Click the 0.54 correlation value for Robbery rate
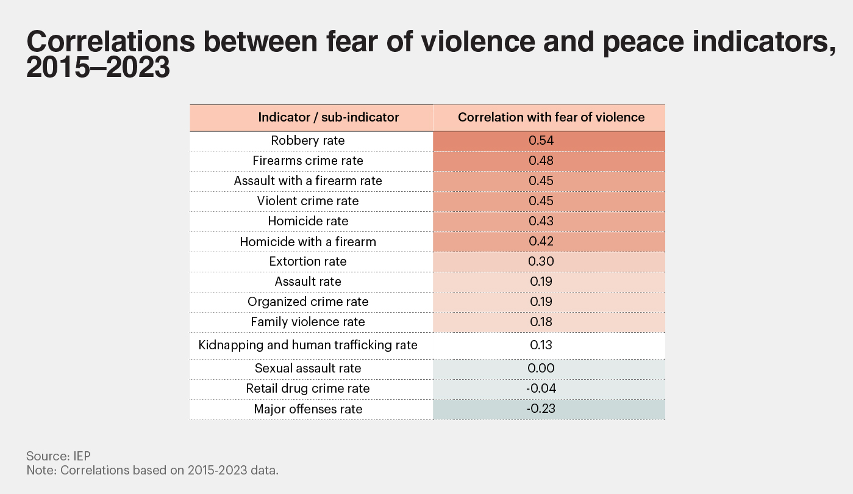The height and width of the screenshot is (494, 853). pyautogui.click(x=540, y=140)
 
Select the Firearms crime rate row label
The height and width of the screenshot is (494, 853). pyautogui.click(x=308, y=161)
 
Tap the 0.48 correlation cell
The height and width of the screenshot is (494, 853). pyautogui.click(x=540, y=161)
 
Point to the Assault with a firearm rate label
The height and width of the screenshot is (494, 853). pyautogui.click(x=308, y=181)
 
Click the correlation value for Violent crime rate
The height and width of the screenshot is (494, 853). pyautogui.click(x=540, y=201)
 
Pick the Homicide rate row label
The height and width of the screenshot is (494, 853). pyautogui.click(x=308, y=221)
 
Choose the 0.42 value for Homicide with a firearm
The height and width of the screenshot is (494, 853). pyautogui.click(x=540, y=241)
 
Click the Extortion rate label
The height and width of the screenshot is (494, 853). pyautogui.click(x=308, y=261)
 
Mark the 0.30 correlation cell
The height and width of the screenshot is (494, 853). pyautogui.click(x=540, y=261)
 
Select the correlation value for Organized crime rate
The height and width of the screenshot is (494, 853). pyautogui.click(x=540, y=302)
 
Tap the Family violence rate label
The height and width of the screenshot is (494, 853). pyautogui.click(x=308, y=322)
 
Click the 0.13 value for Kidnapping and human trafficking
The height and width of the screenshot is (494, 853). pyautogui.click(x=540, y=345)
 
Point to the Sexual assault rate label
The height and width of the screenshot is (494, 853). pyautogui.click(x=308, y=368)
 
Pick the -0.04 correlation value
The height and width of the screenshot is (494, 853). pyautogui.click(x=540, y=388)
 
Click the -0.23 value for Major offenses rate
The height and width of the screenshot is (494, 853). pyautogui.click(x=540, y=409)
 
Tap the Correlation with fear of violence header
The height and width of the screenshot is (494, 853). pyautogui.click(x=551, y=117)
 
